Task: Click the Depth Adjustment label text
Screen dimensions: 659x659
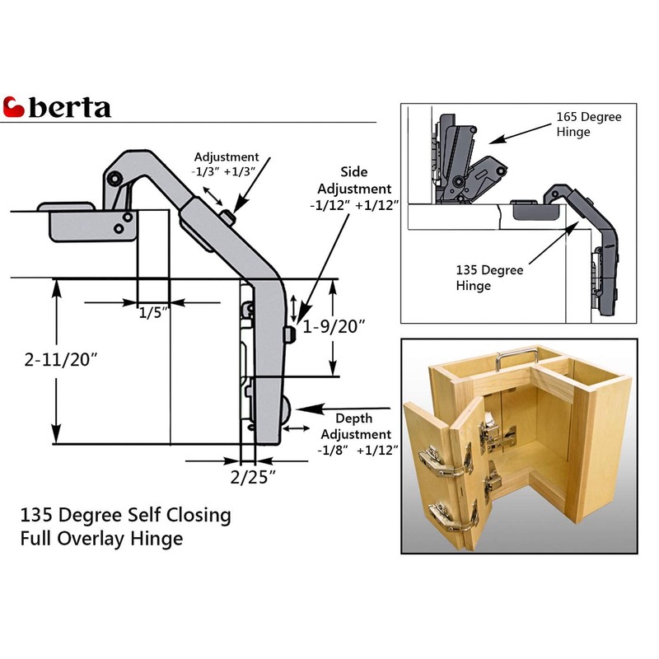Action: point(356,426)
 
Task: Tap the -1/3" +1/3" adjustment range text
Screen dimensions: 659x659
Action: point(226,171)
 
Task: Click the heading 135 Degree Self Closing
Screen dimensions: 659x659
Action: point(125,516)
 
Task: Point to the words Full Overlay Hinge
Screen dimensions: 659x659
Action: point(101,540)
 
